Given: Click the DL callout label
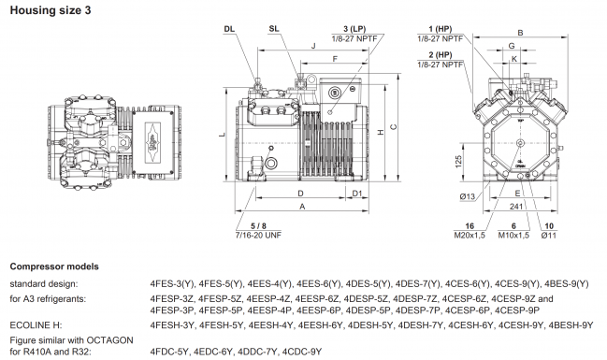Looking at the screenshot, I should click(229, 29).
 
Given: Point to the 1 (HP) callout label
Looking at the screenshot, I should click(436, 28).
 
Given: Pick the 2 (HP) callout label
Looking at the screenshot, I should click(436, 55).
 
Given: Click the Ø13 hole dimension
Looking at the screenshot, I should click(470, 194).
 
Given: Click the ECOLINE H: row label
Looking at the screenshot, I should click(35, 324).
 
